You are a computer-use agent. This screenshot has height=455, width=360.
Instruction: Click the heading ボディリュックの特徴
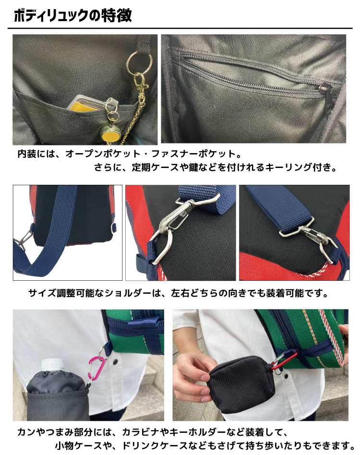(72, 16)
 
